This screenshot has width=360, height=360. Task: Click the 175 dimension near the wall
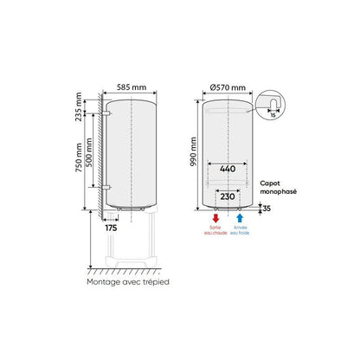coord(110,228)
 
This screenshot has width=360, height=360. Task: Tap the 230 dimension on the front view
coord(228,197)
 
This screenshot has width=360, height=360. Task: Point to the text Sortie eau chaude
coord(216,231)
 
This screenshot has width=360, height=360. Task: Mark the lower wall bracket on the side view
coord(104,185)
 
